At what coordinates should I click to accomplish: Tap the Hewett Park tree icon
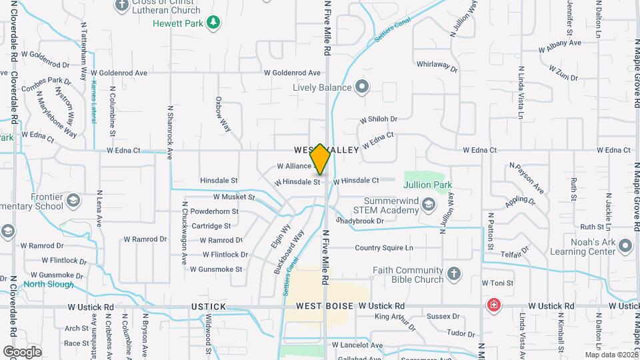pos(213,23)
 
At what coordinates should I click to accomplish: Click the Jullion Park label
pos(429,185)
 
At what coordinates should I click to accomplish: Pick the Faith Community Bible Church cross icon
pos(454,274)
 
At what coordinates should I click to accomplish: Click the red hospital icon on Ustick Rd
pos(493,306)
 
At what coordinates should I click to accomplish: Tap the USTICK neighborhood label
pos(208,307)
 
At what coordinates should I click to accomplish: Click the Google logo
pos(22,352)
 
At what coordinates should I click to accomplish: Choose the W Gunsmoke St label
pos(216,269)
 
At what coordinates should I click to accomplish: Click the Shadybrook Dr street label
pos(361,221)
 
